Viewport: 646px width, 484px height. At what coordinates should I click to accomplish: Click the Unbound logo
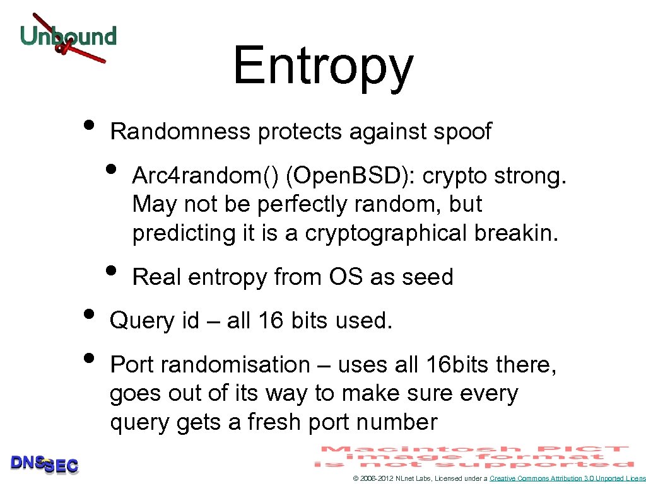pyautogui.click(x=68, y=37)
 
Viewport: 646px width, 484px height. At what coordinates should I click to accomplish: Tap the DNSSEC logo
pyautogui.click(x=44, y=464)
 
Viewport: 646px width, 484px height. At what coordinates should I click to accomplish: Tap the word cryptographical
pyautogui.click(x=388, y=233)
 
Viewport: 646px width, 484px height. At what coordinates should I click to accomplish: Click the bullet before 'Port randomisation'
pyautogui.click(x=90, y=360)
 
